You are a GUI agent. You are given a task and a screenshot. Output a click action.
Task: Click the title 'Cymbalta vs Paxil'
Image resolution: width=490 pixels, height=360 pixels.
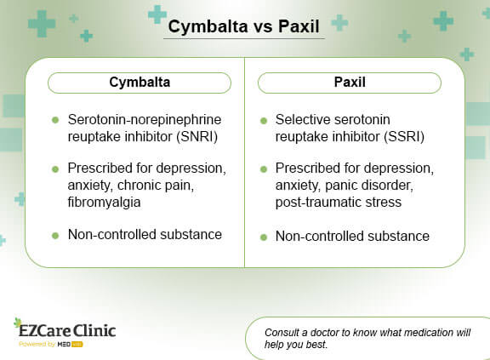tap(244, 26)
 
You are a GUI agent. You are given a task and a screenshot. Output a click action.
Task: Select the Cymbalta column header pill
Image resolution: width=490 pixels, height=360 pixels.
tap(140, 83)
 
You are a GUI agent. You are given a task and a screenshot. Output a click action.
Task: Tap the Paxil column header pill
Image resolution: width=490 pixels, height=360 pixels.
tap(349, 83)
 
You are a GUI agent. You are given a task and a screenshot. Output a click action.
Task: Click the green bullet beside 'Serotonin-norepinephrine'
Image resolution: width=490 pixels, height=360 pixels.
tap(55, 121)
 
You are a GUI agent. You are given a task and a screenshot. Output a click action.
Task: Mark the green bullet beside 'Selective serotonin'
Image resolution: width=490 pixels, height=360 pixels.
tap(265, 121)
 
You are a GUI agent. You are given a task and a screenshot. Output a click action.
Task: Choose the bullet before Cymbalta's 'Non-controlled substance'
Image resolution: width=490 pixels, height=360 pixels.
tap(55, 236)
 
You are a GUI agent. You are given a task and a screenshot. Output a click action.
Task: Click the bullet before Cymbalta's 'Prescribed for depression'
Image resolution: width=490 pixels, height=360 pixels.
tap(55, 169)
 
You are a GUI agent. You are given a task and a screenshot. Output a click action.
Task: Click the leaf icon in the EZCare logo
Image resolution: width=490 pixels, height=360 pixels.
tap(18, 323)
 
